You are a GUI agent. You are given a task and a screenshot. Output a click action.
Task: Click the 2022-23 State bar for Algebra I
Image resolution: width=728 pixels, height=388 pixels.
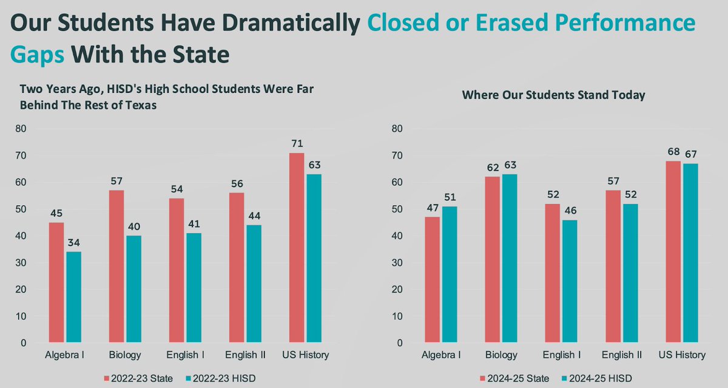coord(56,282)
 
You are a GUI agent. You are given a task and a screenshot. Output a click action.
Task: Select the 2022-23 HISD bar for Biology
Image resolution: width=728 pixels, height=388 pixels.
coord(133,289)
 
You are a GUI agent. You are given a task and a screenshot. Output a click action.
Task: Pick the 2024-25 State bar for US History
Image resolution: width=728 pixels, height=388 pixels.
coord(673,252)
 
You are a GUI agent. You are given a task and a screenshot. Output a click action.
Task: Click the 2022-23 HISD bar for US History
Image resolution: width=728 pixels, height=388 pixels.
coord(314,258)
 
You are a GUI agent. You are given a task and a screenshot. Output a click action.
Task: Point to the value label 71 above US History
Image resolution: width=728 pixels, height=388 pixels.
coord(297,144)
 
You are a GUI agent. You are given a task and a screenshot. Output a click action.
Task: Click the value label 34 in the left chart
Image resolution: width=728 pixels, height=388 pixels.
coord(73,243)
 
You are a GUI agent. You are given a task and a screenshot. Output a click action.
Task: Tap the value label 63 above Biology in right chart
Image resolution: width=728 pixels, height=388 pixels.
coord(510,166)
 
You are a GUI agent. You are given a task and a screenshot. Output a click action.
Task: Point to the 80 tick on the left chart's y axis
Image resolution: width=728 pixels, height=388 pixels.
coord(22,129)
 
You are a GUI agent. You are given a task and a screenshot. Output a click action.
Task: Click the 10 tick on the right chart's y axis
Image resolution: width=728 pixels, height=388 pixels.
coord(398,316)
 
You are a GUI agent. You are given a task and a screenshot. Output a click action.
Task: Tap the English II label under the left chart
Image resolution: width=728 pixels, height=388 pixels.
coord(246,355)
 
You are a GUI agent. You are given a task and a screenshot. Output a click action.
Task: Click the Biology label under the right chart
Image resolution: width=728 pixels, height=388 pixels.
coord(501,355)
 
